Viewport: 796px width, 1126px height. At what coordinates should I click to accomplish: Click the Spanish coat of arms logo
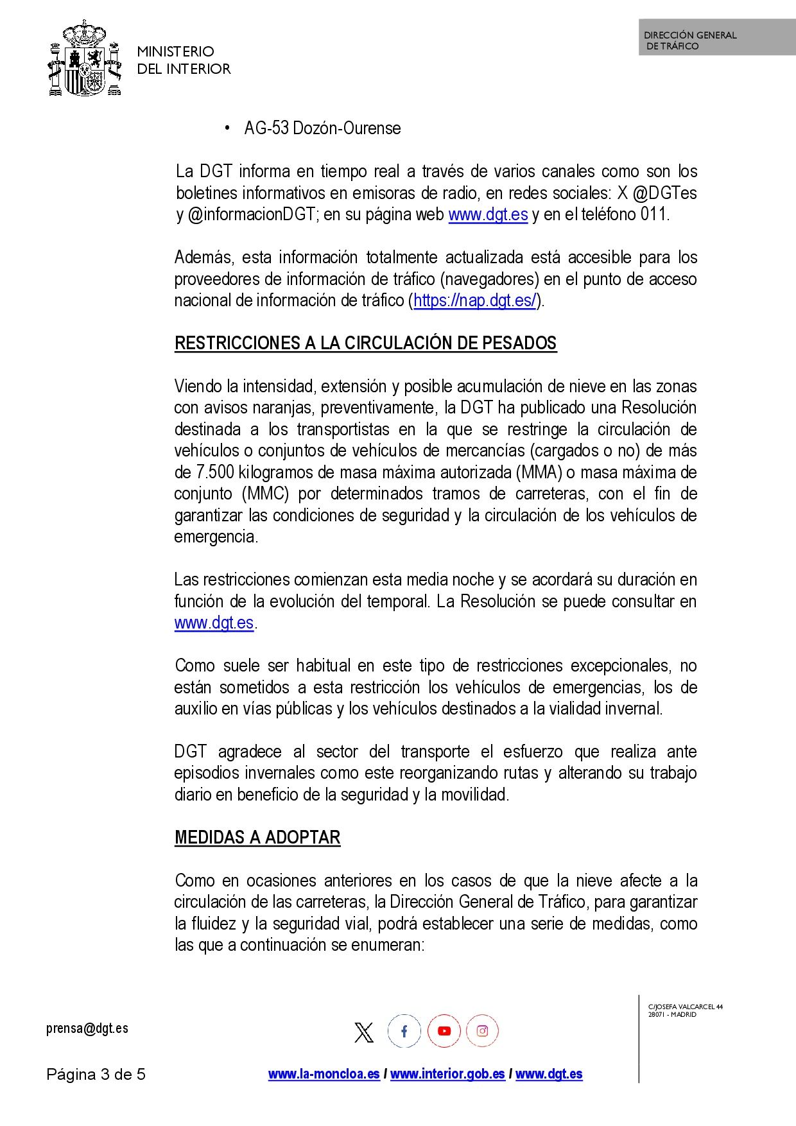tap(85, 59)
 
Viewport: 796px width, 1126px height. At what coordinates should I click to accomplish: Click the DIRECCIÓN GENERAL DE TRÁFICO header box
tap(716, 38)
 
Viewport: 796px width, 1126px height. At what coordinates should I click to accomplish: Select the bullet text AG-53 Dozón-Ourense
tap(322, 128)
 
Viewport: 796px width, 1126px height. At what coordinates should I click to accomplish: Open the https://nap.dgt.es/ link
tap(474, 300)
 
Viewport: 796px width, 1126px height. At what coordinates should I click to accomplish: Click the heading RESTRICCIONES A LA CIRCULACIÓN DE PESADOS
tap(365, 343)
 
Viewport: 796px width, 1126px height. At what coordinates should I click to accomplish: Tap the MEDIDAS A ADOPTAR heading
tap(257, 838)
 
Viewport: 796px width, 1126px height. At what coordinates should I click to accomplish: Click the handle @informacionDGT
tap(252, 214)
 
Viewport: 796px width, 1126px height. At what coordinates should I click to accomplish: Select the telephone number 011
tap(653, 214)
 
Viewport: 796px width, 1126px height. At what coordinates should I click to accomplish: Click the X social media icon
tap(364, 1032)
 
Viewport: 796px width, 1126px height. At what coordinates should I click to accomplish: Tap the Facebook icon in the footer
tap(404, 1031)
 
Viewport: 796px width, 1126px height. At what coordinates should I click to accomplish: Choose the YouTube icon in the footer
tap(444, 1031)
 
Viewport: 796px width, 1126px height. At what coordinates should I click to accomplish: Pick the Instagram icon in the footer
tap(482, 1031)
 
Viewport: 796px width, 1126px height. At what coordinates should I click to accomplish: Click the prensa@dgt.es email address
tap(87, 1028)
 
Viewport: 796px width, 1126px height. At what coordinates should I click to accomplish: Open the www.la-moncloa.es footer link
tap(324, 1074)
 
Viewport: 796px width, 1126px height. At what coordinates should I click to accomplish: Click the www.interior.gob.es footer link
tap(447, 1074)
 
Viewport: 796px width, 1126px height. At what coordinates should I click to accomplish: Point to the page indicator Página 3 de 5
tap(96, 1074)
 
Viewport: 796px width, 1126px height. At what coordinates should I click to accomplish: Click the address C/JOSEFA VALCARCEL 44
tap(685, 1007)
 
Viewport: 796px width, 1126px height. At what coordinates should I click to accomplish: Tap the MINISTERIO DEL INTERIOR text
tap(184, 60)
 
